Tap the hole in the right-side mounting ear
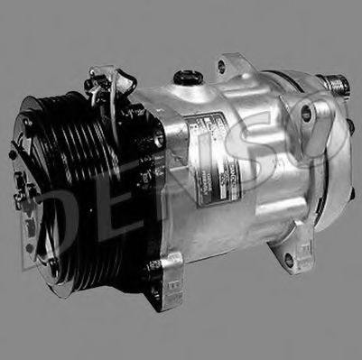[307, 113]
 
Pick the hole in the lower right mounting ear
[288, 261]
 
